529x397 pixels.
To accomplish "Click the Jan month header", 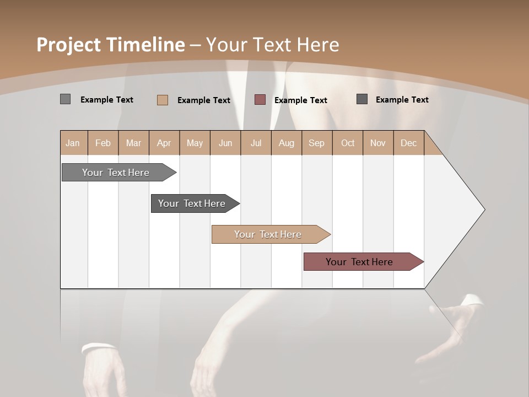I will pos(73,143).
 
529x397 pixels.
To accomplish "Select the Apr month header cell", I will pos(164,143).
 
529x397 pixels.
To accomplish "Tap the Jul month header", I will pos(256,143).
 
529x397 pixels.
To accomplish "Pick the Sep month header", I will pos(316,143).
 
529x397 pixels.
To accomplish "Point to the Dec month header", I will pos(408,143).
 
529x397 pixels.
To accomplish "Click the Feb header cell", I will pos(103,143).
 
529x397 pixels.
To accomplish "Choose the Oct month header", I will pos(348,143).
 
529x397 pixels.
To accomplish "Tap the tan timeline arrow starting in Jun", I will pos(268,234).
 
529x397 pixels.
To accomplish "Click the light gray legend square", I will pos(65,99).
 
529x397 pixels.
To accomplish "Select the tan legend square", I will pos(162,100).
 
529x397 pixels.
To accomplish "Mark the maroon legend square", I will pos(260,100).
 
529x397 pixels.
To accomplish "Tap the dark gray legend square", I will pos(362,99).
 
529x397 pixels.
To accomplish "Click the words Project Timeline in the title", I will pos(111,45).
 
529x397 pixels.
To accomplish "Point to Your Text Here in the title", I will pos(273,45).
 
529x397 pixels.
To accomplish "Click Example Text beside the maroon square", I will pos(300,100).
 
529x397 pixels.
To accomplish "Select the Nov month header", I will pos(378,143).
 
